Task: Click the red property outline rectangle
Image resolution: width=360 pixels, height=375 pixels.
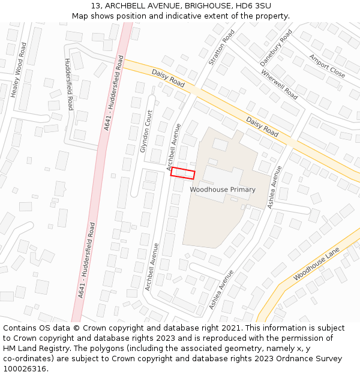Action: point(183,173)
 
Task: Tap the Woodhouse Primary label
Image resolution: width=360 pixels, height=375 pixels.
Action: point(223,190)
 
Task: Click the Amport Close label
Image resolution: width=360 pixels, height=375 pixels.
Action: point(327,66)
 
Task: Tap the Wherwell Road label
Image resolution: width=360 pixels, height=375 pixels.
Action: point(279,85)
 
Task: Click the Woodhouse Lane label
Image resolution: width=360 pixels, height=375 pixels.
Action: point(316,264)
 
